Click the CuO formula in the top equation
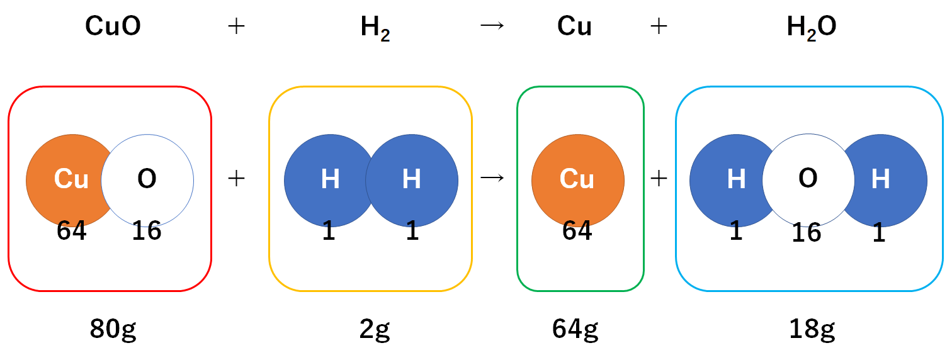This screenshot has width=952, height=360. click(113, 28)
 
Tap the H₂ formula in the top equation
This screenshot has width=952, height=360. click(375, 29)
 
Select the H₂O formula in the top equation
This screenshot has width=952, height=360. click(812, 29)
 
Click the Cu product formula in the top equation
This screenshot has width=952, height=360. click(574, 28)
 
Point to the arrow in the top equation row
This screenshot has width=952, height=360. click(492, 28)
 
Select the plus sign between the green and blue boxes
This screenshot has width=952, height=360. click(659, 179)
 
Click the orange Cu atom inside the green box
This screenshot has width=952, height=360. click(577, 179)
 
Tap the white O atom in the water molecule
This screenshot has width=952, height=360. click(808, 180)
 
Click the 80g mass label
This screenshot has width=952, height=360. click(113, 329)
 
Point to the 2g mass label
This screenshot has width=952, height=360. click(374, 329)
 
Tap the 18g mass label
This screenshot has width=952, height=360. click(812, 329)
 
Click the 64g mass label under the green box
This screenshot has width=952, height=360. click(575, 329)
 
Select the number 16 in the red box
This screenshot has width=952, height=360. click(147, 232)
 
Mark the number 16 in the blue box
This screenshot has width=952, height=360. click(807, 233)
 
